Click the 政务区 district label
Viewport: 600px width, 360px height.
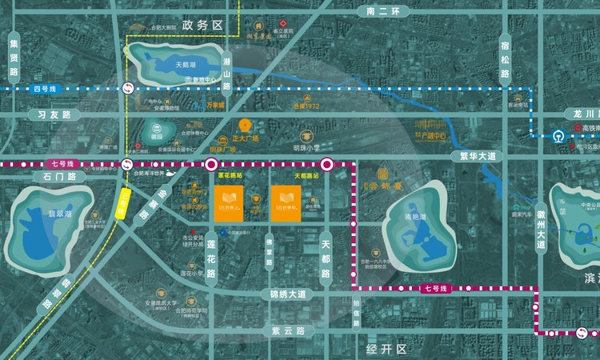click(x=201, y=26)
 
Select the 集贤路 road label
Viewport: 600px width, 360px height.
click(x=14, y=61)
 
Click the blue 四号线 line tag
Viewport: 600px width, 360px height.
click(x=41, y=89)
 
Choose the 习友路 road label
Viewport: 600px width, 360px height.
click(x=50, y=115)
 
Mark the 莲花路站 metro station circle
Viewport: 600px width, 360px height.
click(x=211, y=166)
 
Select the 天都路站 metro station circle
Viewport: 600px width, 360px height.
click(x=326, y=166)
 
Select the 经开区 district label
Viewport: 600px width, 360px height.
click(x=387, y=350)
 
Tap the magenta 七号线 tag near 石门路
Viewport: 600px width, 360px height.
click(x=65, y=164)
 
